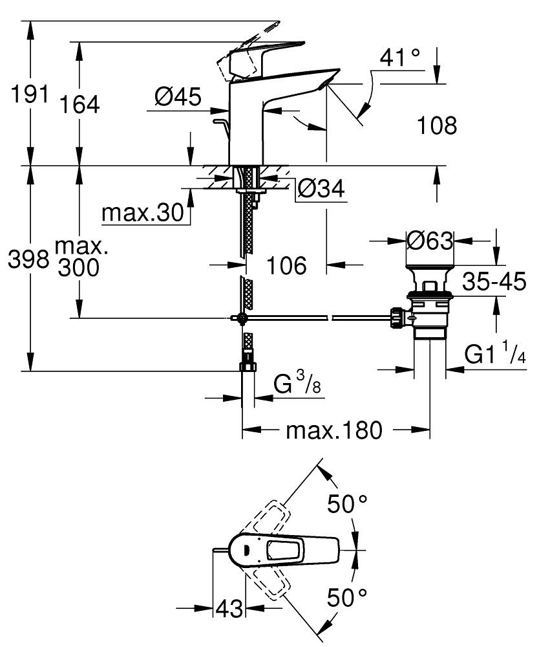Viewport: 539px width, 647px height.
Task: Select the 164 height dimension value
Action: (80, 104)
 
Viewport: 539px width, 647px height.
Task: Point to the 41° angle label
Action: (400, 60)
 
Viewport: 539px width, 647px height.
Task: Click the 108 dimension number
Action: (436, 125)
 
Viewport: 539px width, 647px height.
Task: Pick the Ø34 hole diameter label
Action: (321, 189)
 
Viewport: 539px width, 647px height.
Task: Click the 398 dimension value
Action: (28, 260)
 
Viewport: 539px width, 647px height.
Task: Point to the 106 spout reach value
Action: (286, 265)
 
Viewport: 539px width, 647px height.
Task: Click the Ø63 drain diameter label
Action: (430, 241)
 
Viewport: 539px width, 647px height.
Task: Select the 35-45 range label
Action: (494, 282)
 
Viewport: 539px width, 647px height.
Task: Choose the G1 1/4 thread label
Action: (494, 355)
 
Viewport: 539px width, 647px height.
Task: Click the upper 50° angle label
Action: (346, 503)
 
